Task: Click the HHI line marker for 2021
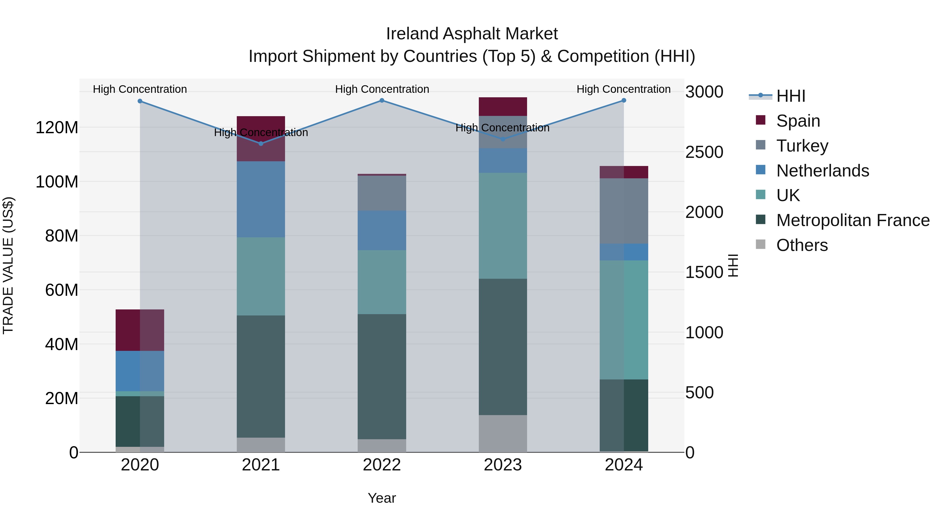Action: [x=261, y=144]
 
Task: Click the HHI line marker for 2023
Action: [x=503, y=139]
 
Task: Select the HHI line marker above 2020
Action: [x=140, y=101]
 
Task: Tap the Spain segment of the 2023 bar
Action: [x=503, y=107]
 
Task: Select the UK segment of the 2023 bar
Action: [x=503, y=226]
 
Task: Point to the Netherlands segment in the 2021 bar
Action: [x=261, y=199]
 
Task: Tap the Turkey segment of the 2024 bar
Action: [x=624, y=211]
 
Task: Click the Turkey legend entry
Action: [x=802, y=146]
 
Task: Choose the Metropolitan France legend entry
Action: [x=852, y=220]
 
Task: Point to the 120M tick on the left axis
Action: [x=57, y=128]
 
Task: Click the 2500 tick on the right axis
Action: [x=704, y=152]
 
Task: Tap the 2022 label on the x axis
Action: [x=382, y=465]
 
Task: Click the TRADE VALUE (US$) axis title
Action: [x=8, y=265]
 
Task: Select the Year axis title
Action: [x=382, y=498]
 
